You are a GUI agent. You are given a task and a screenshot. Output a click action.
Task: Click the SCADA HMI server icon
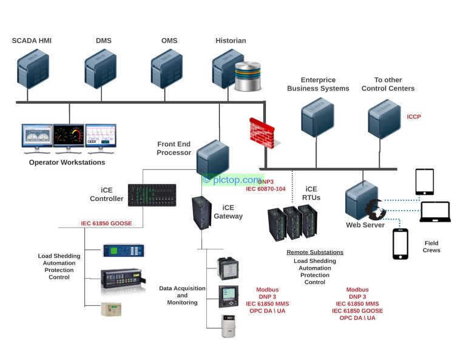point(33,69)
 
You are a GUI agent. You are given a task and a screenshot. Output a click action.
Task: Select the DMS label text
point(104,41)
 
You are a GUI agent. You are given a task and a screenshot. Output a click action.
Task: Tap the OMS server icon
point(166,69)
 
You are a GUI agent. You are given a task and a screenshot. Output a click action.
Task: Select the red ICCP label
point(414,117)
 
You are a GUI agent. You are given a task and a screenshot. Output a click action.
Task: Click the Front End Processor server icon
point(212,156)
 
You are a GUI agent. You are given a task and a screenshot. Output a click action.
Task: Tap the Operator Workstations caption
point(67,162)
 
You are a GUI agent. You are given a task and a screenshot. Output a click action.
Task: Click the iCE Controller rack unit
point(152,196)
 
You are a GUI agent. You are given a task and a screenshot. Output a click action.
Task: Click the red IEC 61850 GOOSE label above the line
point(106,223)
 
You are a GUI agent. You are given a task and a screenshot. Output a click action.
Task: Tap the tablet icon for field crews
point(424,182)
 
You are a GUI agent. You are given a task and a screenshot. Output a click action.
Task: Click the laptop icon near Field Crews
point(436,211)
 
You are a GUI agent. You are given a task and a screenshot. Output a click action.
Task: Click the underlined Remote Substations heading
point(315,252)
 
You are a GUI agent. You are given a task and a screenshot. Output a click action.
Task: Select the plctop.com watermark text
point(232,180)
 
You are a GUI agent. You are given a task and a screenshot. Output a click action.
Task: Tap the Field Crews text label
point(431,246)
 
